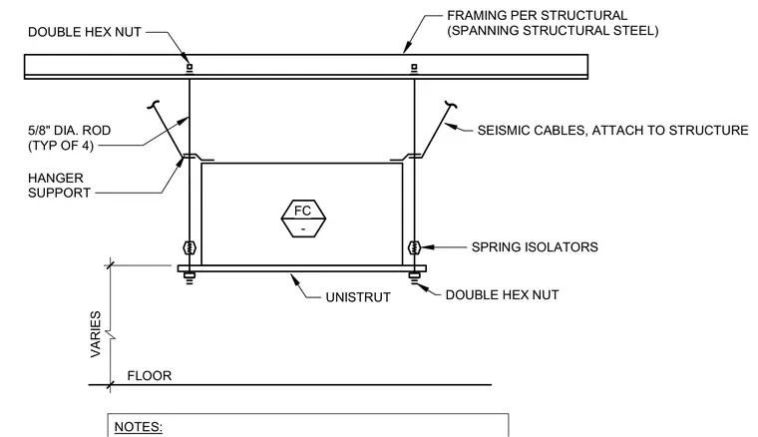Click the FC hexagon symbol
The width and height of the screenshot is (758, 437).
[303, 218]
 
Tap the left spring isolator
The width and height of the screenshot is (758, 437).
[189, 248]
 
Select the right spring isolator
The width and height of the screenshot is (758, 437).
[414, 248]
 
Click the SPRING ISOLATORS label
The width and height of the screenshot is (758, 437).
[535, 247]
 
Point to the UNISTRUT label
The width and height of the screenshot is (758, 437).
[358, 297]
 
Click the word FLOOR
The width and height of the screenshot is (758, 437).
[150, 375]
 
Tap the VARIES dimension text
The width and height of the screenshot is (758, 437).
[96, 334]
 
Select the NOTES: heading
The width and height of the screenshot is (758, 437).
[139, 427]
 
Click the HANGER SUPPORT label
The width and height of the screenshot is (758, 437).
[59, 186]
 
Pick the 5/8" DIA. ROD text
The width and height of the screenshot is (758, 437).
[69, 130]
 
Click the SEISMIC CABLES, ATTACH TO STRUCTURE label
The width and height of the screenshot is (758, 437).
[612, 131]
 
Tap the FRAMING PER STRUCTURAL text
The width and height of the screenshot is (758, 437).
[537, 16]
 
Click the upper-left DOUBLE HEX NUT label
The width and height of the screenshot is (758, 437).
[85, 32]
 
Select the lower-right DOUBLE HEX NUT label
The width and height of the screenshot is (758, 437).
[502, 295]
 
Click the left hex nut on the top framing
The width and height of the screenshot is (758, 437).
[189, 68]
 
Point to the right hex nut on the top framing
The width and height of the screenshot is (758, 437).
[414, 68]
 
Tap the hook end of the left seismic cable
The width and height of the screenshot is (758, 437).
[154, 104]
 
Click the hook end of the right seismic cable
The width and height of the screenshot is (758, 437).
[451, 104]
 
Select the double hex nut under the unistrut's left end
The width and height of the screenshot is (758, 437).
[189, 277]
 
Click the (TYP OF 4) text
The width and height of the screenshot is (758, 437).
[61, 145]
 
